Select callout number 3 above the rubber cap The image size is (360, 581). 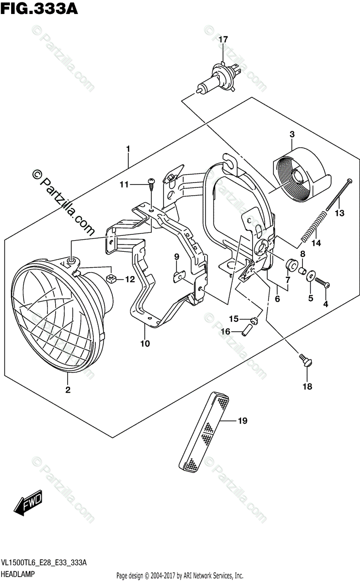(x=292, y=134)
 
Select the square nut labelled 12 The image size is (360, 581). (x=110, y=278)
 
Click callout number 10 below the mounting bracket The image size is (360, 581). (x=145, y=344)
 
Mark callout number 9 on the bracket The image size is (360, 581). (x=177, y=257)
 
